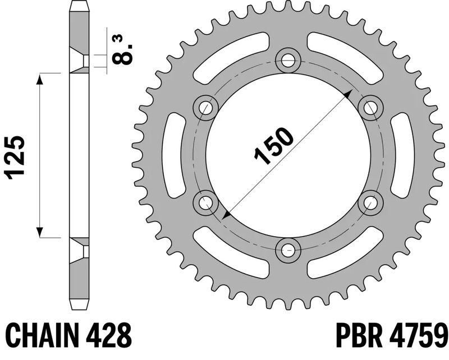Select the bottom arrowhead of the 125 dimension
[x=40, y=231]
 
